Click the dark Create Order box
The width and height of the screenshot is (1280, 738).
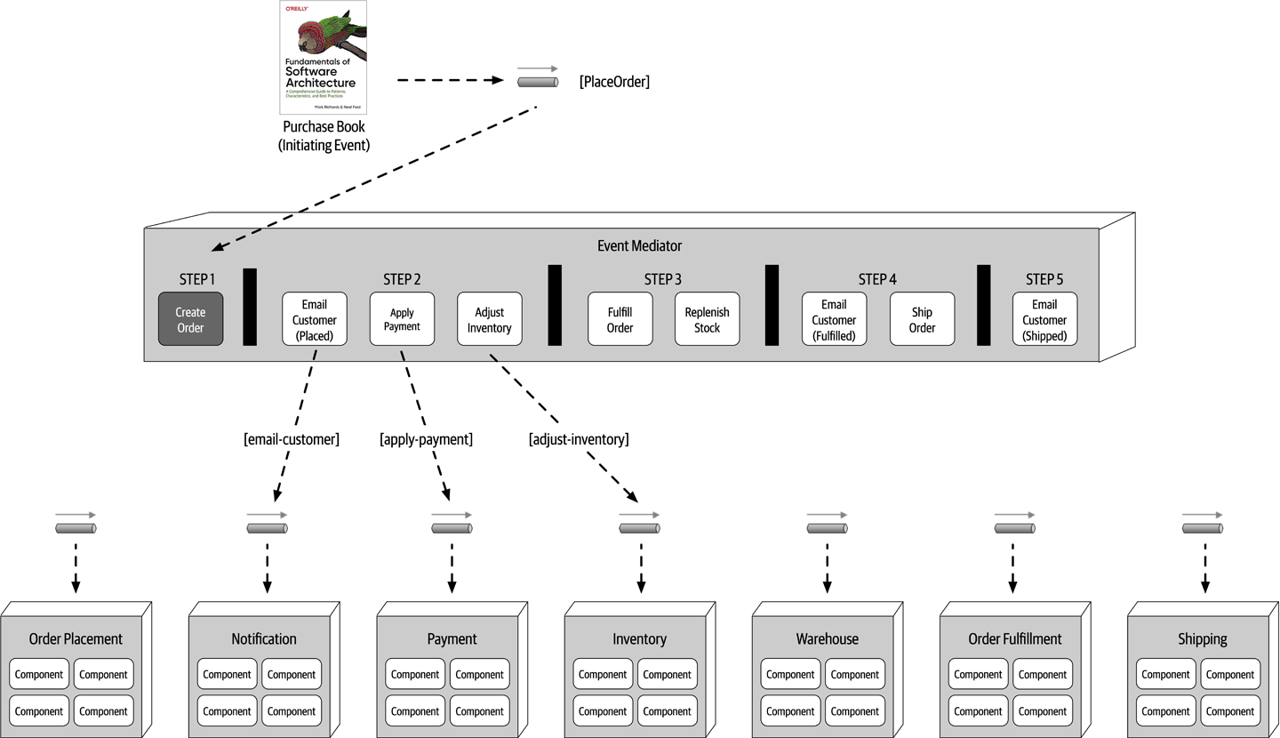(x=190, y=319)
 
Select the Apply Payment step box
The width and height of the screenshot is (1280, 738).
(x=402, y=319)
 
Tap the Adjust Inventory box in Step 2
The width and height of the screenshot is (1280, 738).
(x=489, y=319)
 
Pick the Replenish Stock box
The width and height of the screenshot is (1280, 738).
(x=707, y=319)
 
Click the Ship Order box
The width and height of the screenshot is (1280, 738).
(x=922, y=319)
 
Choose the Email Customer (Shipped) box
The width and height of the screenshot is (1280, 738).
(x=1044, y=319)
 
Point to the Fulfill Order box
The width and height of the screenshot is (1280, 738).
(x=620, y=319)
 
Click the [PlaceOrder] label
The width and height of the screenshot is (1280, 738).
(x=613, y=82)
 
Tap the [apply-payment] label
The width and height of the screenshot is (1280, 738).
(x=426, y=439)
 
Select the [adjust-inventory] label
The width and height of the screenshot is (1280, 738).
(x=578, y=439)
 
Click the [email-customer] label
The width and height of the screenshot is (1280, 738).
(x=292, y=439)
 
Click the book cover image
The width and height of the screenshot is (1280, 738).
(x=323, y=57)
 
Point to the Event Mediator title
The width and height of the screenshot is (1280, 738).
(x=639, y=245)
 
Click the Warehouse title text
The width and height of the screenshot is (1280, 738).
(x=827, y=638)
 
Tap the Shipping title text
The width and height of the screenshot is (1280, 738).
(x=1202, y=638)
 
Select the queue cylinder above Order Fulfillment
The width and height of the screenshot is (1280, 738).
(x=1014, y=528)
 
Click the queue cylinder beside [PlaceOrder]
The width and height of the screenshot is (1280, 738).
(x=538, y=82)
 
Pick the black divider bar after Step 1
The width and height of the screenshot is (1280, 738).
(x=250, y=307)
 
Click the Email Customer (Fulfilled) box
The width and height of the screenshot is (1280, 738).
(x=834, y=319)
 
